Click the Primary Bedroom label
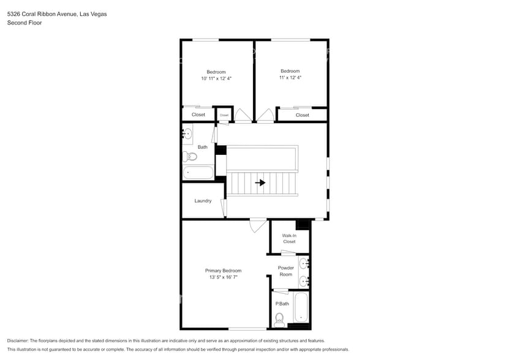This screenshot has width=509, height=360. point(223,271)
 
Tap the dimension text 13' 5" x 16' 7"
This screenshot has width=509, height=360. point(223,277)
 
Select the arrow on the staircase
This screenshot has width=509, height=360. point(261,182)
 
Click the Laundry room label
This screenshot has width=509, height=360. point(203,201)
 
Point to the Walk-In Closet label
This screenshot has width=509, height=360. point(289,238)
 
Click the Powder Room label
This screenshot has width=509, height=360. point(286,271)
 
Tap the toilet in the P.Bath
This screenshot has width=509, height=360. point(280,318)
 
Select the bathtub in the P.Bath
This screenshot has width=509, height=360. point(301,308)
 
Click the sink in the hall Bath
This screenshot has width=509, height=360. point(188,133)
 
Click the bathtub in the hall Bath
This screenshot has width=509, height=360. point(198,173)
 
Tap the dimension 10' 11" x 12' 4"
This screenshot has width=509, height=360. point(216,78)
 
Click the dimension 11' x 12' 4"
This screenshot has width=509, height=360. point(290,78)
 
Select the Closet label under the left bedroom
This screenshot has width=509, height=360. point(198,114)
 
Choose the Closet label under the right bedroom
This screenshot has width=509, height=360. point(302,115)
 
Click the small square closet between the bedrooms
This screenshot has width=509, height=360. point(224,114)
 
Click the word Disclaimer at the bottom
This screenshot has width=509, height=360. point(18,340)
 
